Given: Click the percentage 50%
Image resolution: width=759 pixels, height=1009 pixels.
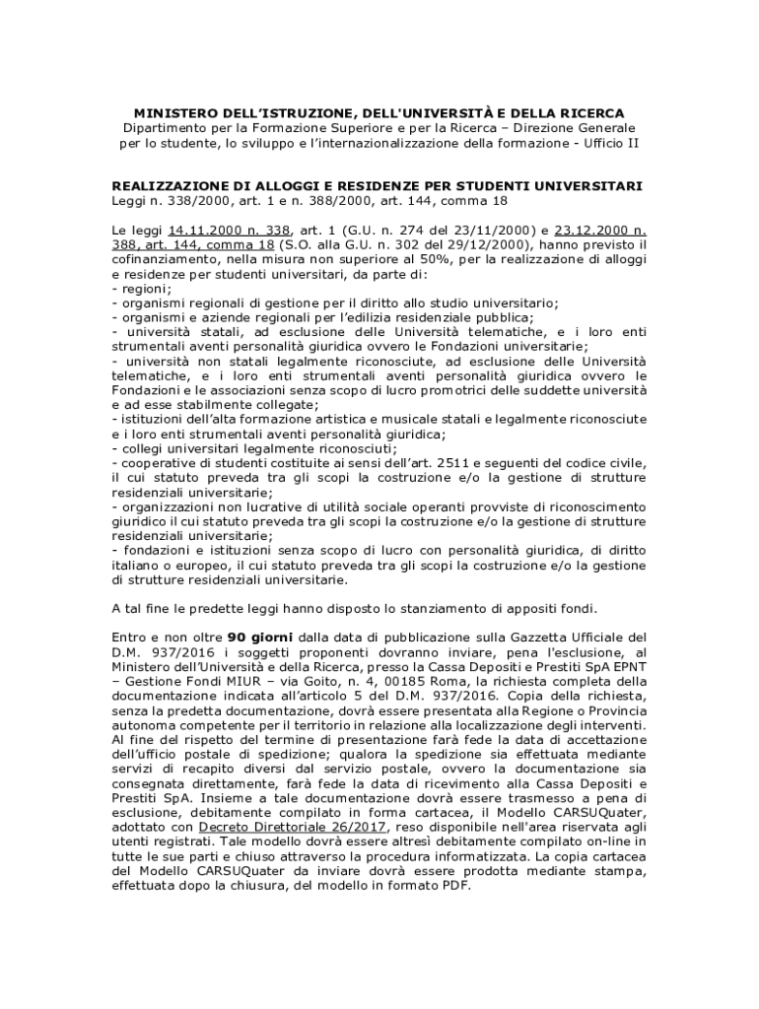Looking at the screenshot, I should (357, 259).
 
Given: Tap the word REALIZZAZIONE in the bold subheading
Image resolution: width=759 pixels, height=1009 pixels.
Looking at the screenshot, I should (173, 185).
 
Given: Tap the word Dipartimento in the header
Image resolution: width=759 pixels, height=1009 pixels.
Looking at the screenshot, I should (169, 128).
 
